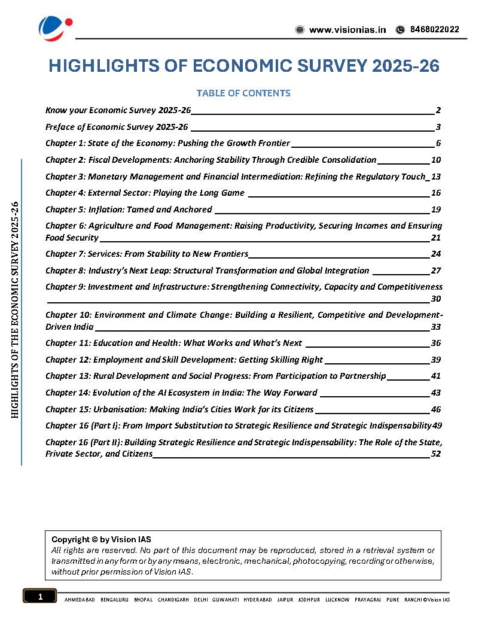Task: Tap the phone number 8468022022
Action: pyautogui.click(x=435, y=30)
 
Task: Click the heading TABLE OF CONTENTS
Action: pyautogui.click(x=243, y=93)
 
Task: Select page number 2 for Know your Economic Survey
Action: pyautogui.click(x=438, y=111)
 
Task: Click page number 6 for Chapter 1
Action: pyautogui.click(x=438, y=144)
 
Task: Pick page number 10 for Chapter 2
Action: pyautogui.click(x=436, y=160)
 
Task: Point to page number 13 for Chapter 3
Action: pyautogui.click(x=436, y=177)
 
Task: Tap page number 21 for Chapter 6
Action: pyautogui.click(x=436, y=238)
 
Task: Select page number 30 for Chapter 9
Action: pyautogui.click(x=436, y=299)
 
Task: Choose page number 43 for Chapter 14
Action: pyautogui.click(x=436, y=393)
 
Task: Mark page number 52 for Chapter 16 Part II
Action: pyautogui.click(x=436, y=454)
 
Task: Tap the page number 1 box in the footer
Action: pyautogui.click(x=40, y=597)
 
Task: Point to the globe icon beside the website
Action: pyautogui.click(x=300, y=30)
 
